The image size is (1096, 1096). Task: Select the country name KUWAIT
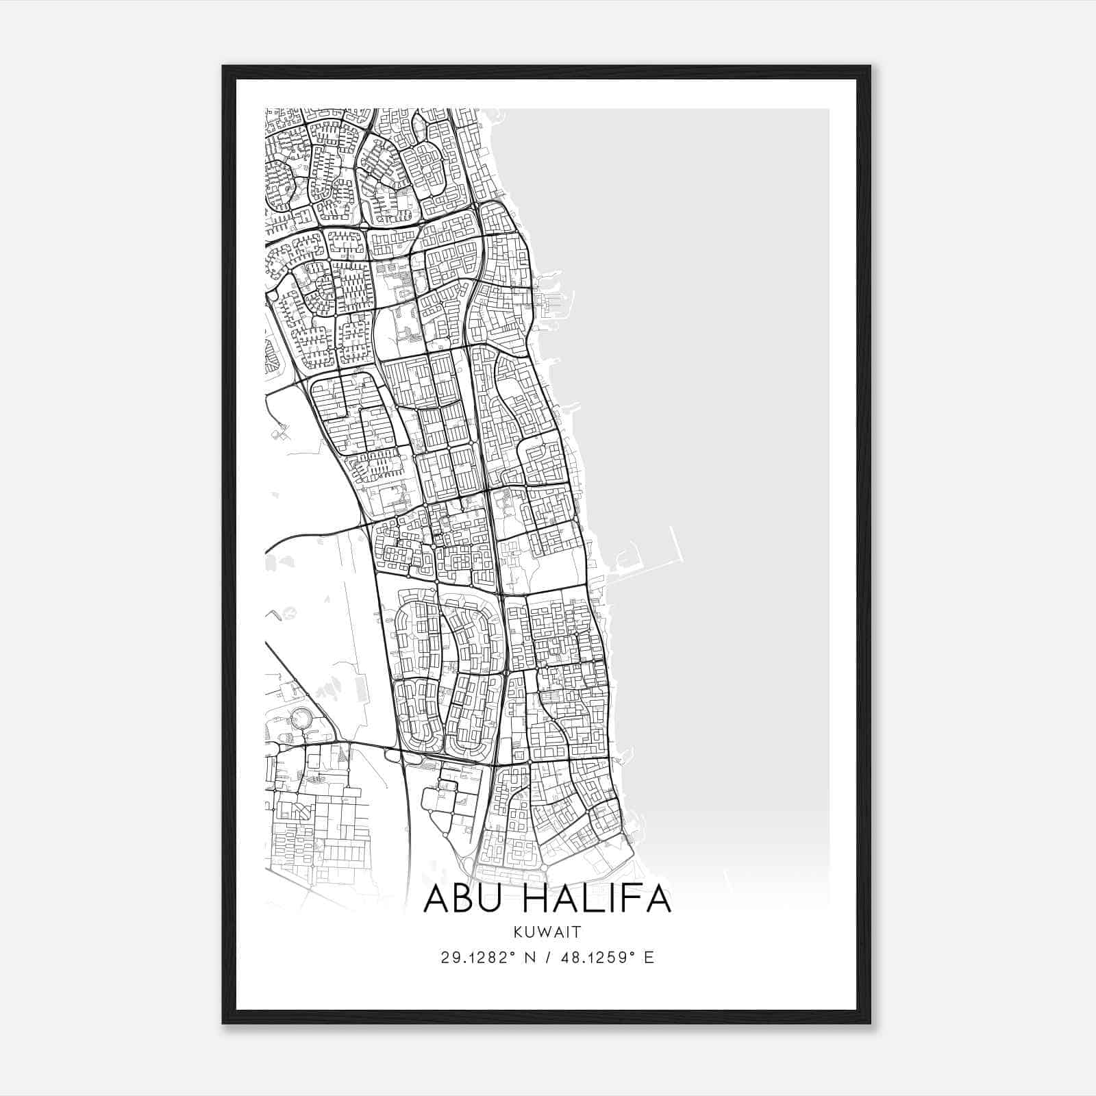click(548, 932)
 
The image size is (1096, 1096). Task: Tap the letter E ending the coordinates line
click(649, 958)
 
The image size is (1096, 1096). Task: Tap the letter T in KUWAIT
click(578, 932)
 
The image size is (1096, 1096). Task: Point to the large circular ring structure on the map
click(300, 718)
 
